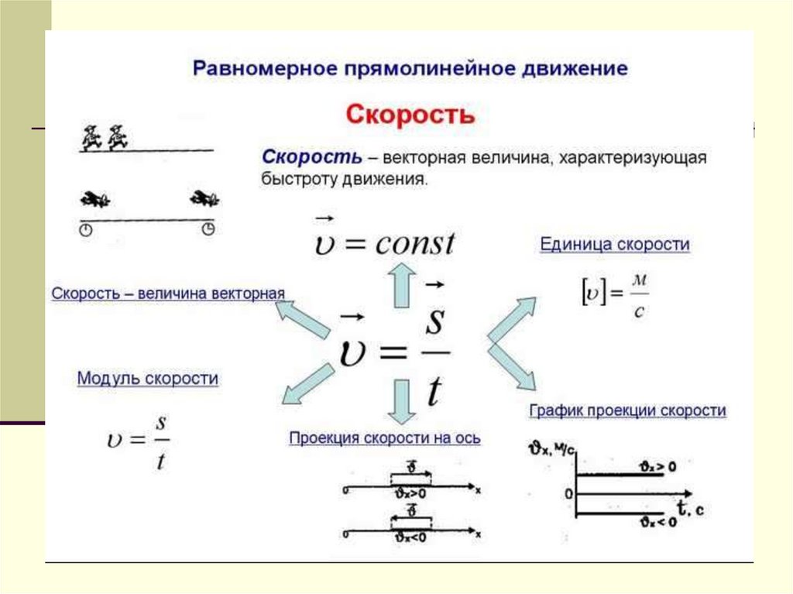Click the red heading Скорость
click(409, 115)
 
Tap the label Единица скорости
click(614, 245)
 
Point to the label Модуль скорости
click(147, 379)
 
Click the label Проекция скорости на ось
click(385, 438)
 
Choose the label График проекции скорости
click(627, 410)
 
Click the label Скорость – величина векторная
click(168, 294)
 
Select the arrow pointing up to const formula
click(402, 284)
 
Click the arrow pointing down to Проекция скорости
click(402, 400)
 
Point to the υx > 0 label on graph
click(658, 466)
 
